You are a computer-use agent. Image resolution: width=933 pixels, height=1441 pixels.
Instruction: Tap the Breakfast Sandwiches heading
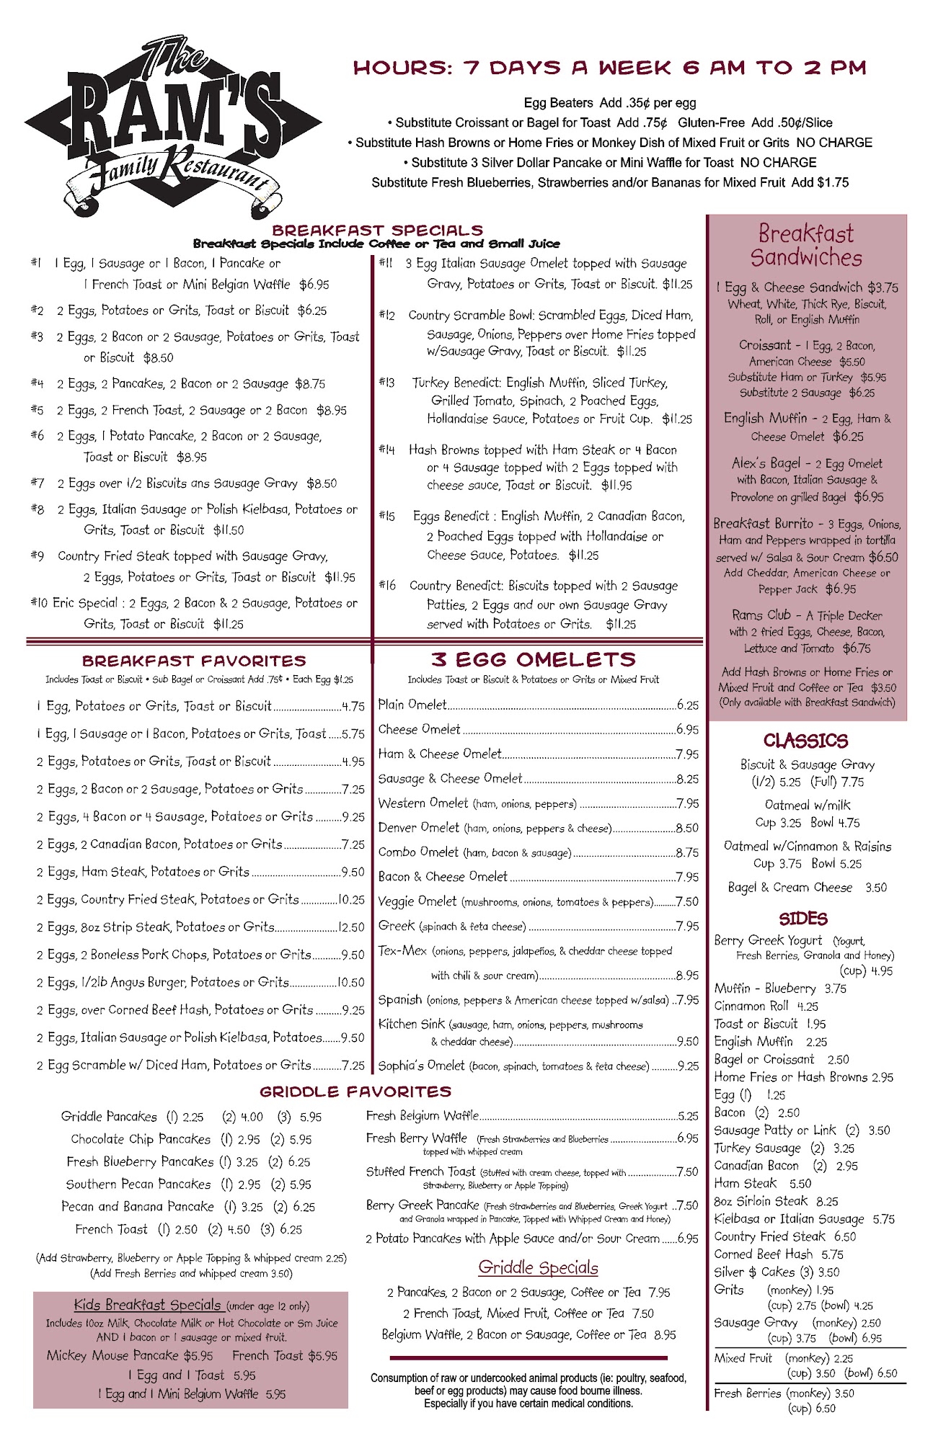click(806, 246)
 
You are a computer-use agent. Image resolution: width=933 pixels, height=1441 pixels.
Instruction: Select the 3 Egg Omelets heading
click(534, 659)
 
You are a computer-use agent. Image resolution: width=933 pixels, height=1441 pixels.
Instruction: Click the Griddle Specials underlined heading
click(539, 1267)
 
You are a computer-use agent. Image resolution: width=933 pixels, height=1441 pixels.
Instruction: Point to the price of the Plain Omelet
click(688, 705)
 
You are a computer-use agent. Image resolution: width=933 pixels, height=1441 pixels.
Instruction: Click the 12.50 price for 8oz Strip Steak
click(352, 927)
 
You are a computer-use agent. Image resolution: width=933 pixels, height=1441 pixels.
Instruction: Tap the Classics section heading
click(805, 741)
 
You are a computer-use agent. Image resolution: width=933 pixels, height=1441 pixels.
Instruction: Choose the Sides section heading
click(803, 919)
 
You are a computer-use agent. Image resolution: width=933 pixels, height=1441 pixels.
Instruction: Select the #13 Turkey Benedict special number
click(387, 383)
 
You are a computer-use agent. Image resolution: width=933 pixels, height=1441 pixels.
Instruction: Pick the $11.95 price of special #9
click(340, 577)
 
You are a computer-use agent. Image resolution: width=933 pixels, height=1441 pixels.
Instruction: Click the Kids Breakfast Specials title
click(147, 1305)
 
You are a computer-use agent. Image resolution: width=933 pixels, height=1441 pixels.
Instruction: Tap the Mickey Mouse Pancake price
click(198, 1355)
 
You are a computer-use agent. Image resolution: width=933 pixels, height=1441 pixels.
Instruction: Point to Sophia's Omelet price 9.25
click(688, 1066)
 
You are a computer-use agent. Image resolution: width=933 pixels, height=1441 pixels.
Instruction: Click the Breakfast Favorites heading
click(194, 661)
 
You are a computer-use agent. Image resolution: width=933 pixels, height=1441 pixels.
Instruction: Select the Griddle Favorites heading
click(355, 1092)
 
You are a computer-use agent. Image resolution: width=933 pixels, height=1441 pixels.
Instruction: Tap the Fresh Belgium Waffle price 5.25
click(688, 1116)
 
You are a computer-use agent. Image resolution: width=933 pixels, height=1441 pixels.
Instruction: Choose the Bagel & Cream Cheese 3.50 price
click(875, 888)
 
